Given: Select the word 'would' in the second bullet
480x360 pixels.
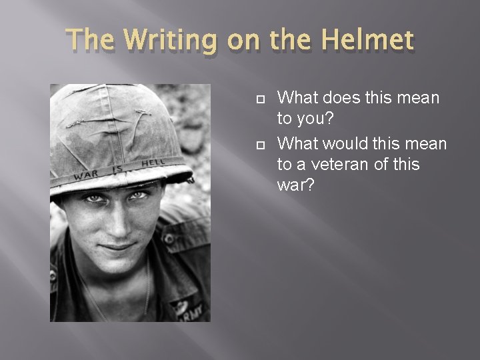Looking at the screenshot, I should pyautogui.click(x=353, y=144).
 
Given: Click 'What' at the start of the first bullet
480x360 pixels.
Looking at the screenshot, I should pyautogui.click(x=298, y=99).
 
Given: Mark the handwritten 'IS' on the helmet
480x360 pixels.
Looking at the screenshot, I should pyautogui.click(x=117, y=169).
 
